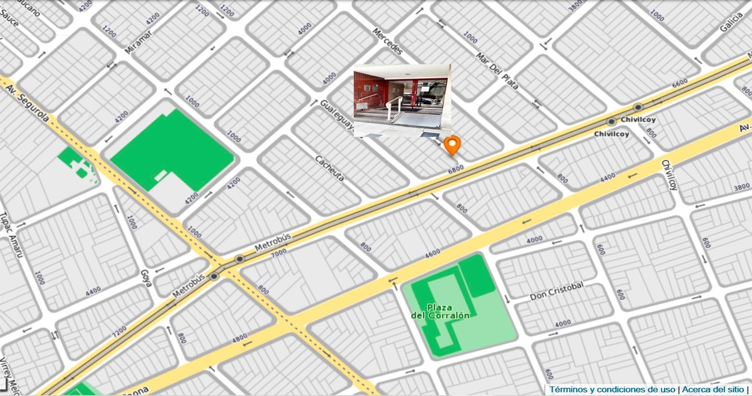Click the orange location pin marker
(x=452, y=144)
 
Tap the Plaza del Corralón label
(x=440, y=312)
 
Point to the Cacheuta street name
(x=330, y=168)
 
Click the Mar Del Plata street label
(x=497, y=71)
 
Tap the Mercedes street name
(x=387, y=41)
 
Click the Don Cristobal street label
(x=556, y=291)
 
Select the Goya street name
(x=146, y=278)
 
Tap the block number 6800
(x=456, y=169)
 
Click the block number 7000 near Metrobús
(x=279, y=253)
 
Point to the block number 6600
(x=680, y=83)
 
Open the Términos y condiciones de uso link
(x=612, y=389)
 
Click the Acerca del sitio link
(x=713, y=389)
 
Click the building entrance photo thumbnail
(x=402, y=100)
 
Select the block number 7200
(x=119, y=331)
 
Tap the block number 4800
(x=239, y=338)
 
